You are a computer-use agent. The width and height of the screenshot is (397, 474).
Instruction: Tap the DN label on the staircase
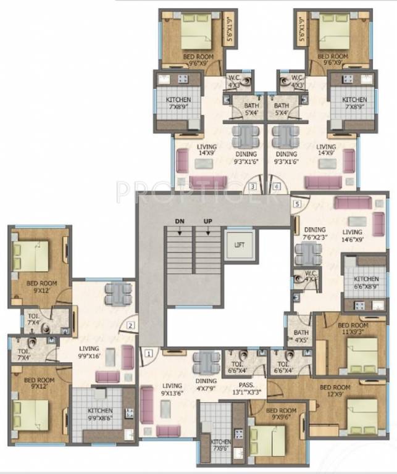point(180,220)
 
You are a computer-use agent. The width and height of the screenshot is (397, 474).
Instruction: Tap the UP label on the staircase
point(207,220)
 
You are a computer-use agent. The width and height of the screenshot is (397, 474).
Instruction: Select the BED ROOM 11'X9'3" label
point(353,328)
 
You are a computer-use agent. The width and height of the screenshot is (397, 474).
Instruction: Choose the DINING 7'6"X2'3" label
point(315,233)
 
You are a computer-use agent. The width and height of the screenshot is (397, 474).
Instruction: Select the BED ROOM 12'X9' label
point(336,391)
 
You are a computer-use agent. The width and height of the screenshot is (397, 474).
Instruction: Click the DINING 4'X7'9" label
point(206,385)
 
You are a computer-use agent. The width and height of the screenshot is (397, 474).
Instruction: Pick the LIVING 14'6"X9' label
point(354,236)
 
